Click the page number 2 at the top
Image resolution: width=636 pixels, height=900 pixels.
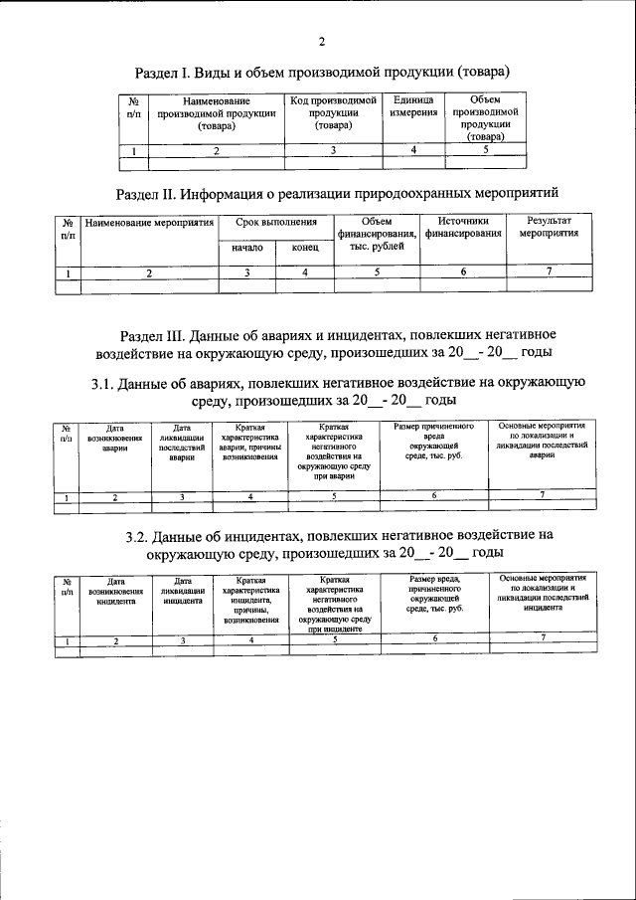click(x=321, y=41)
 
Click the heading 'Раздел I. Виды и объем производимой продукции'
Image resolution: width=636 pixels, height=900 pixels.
click(x=322, y=72)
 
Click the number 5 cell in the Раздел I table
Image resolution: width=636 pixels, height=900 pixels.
click(x=485, y=150)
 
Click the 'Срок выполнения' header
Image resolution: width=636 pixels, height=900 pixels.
click(x=275, y=223)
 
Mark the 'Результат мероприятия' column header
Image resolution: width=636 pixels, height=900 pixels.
click(x=549, y=228)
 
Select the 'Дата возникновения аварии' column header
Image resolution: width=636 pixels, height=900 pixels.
click(x=115, y=438)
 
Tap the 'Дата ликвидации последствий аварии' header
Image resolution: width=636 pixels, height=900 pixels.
click(x=182, y=443)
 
